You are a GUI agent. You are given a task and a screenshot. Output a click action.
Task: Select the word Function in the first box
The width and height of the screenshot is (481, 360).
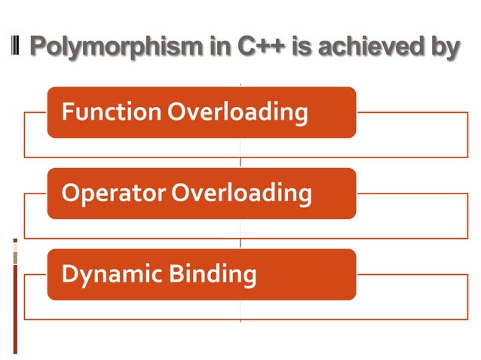point(111,112)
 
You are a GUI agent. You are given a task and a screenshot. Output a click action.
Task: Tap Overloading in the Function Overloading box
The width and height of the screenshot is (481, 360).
point(237,112)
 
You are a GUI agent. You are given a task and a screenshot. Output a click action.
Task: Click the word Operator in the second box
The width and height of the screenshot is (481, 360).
point(113,194)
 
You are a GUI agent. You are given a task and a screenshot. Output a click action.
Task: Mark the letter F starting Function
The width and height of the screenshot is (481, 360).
point(67,112)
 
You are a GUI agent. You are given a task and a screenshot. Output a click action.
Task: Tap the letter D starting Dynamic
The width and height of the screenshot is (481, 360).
point(69,274)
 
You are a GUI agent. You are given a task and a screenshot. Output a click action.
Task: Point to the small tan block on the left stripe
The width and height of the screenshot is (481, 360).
point(14,258)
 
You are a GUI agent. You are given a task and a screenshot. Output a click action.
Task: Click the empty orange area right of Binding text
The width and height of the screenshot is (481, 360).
point(305,275)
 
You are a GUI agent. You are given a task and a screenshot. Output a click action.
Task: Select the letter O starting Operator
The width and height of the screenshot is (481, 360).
point(69,194)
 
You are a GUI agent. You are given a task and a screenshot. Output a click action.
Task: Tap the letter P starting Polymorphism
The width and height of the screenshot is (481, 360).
point(38,47)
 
